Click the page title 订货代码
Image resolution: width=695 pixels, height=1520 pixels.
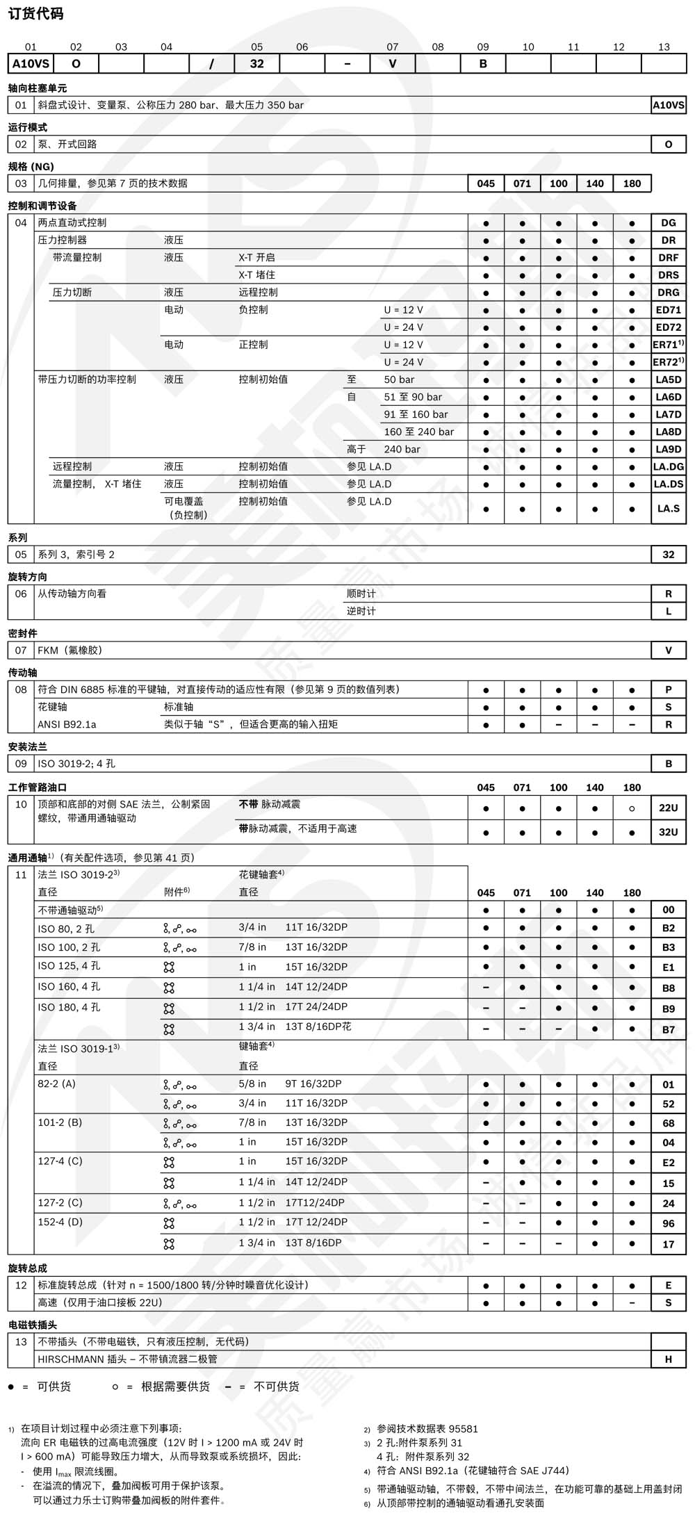[x=35, y=13]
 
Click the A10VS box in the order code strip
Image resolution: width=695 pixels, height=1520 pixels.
[x=31, y=64]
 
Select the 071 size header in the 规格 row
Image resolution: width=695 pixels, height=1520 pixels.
[x=522, y=183]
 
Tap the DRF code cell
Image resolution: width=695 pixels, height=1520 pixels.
[x=668, y=258]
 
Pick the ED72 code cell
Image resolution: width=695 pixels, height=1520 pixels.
[x=668, y=327]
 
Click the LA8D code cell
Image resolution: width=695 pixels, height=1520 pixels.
[x=668, y=432]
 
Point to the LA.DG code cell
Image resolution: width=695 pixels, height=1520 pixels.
[x=668, y=466]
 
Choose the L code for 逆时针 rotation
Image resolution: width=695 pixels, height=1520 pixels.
[x=668, y=611]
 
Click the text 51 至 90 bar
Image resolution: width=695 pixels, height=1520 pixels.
[x=413, y=397]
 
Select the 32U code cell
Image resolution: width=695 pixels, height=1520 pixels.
[x=668, y=832]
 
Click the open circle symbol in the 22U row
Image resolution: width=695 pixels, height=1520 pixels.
[x=632, y=808]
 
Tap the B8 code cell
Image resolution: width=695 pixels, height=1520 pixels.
[x=668, y=988]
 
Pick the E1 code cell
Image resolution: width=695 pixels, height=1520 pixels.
[x=668, y=967]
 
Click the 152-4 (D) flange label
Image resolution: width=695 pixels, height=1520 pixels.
[x=60, y=1222]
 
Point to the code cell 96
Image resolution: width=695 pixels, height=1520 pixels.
[x=668, y=1223]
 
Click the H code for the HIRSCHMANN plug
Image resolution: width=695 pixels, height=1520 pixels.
[x=668, y=1359]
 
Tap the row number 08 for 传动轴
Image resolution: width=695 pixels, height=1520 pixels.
[x=21, y=689]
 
